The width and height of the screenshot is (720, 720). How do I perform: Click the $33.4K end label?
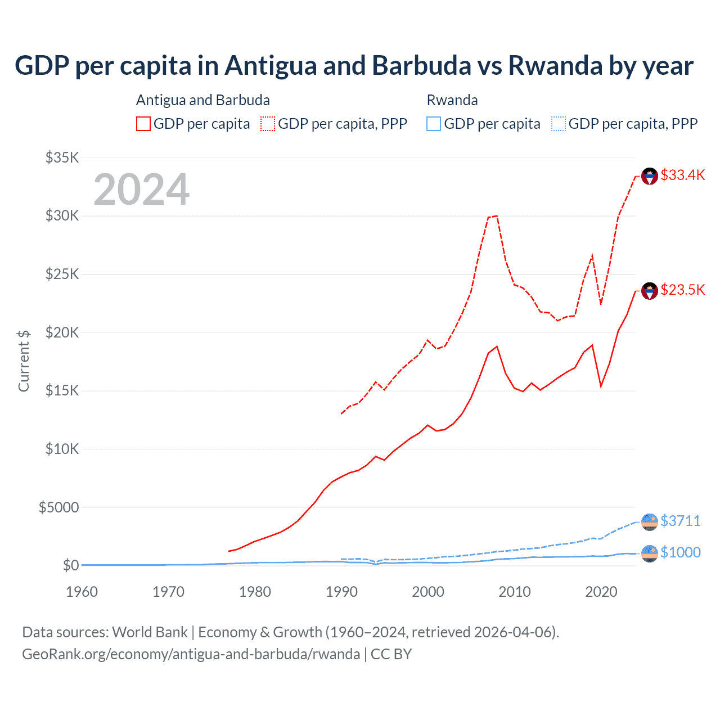pos(682,175)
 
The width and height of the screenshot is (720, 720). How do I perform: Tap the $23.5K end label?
pos(682,290)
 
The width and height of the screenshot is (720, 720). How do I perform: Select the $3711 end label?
pos(681,521)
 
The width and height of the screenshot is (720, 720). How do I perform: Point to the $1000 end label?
pos(681,552)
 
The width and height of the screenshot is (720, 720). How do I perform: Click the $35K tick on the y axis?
pos(62,157)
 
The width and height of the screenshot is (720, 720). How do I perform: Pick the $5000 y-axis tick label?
pos(58,507)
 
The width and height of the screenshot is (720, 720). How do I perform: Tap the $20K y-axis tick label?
pos(62,332)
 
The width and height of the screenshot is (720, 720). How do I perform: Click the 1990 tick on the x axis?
pos(341,592)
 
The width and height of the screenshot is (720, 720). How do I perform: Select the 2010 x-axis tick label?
pos(515,592)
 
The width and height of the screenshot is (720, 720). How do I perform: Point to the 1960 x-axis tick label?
pos(82,592)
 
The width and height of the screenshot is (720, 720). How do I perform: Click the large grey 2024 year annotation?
pos(141,190)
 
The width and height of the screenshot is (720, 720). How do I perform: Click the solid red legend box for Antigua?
pos(143,124)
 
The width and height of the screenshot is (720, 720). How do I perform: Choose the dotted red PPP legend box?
pos(268,124)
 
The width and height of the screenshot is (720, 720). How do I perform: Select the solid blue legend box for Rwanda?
pos(434,124)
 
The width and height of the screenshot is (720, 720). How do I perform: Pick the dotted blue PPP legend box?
pos(558,124)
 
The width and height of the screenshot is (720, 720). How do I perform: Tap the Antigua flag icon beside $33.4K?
pos(650,176)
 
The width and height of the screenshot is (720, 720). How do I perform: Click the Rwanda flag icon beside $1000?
pos(650,553)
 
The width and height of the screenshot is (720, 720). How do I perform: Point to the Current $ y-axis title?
pos(24,361)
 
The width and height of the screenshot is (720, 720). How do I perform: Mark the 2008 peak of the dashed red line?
pos(497,215)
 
